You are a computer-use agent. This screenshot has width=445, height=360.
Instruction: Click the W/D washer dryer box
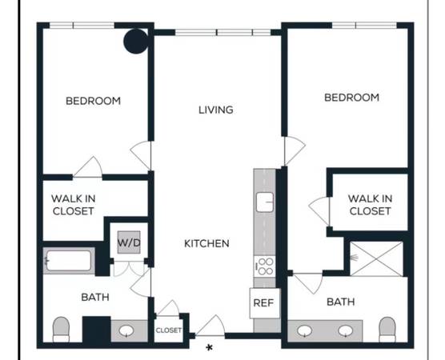129,242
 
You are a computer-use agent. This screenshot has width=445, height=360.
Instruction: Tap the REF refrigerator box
265,303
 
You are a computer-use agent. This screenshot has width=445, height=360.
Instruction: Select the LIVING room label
216,110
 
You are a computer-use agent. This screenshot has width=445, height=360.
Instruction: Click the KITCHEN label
206,243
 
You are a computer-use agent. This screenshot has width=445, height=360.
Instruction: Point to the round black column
136,41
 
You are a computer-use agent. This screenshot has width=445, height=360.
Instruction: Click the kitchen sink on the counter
265,202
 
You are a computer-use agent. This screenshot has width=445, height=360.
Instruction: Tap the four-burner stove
264,266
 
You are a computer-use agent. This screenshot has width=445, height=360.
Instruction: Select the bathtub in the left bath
69,261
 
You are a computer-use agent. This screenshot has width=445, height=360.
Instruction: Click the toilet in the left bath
62,330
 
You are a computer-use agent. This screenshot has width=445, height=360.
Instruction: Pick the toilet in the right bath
387,330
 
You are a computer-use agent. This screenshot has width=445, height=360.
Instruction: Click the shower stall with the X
376,258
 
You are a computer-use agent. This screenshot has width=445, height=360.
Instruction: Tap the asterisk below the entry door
210,348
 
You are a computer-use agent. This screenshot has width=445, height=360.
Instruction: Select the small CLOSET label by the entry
169,330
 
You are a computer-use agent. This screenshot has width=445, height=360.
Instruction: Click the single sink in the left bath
126,330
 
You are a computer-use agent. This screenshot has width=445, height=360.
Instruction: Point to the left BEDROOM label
94,101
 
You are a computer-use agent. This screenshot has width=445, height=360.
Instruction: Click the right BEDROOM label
352,98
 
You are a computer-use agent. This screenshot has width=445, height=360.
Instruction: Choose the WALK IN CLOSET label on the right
370,205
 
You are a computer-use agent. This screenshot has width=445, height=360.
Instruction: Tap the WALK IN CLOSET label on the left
73,205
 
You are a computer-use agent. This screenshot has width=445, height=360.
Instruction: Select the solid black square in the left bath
97,330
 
